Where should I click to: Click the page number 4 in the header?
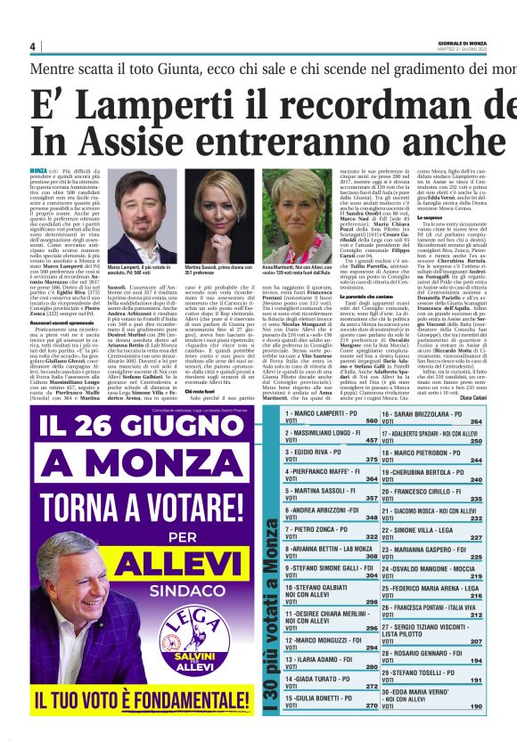coord(33,46)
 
